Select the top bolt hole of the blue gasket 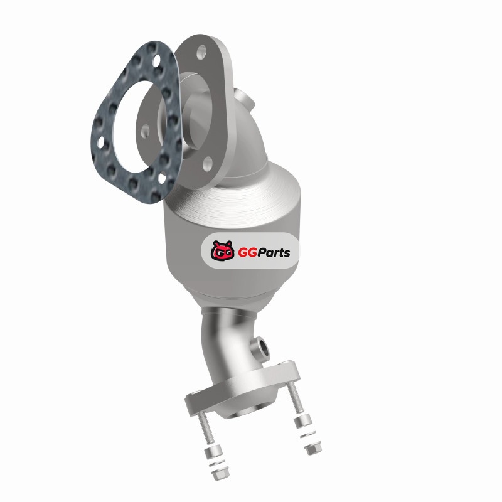156,61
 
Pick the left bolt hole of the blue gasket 100,142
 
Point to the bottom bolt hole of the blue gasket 162,178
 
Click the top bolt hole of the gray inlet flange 201,52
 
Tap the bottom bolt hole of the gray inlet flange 208,163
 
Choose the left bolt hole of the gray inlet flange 145,131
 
